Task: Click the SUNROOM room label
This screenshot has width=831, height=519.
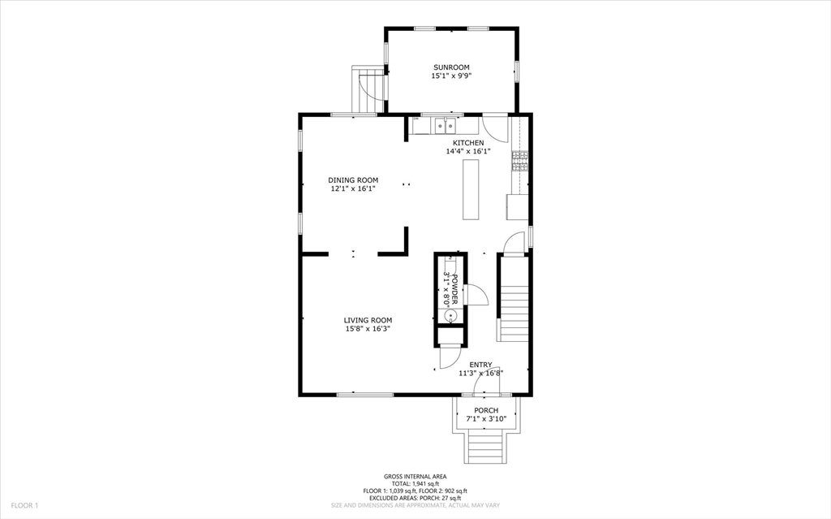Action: coord(451,67)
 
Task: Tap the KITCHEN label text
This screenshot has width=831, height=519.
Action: coord(468,143)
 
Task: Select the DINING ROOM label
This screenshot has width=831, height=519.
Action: coord(353,179)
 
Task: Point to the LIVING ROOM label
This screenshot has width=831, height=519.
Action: coord(368,320)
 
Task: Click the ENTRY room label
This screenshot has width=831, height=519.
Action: coord(480,365)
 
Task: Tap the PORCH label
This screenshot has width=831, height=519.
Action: coord(486,410)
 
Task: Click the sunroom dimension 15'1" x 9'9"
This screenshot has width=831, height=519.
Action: coord(451,76)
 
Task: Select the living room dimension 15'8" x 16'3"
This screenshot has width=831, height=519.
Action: coord(368,329)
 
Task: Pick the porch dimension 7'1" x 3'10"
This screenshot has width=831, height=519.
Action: coord(486,419)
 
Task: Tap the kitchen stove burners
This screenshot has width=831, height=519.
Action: coord(519,161)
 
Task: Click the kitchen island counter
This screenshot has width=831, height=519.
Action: coord(471,189)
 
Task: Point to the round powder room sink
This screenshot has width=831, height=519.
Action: coord(450,316)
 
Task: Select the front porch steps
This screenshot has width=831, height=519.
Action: coord(485,446)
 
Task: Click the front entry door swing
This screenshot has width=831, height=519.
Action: coord(486,383)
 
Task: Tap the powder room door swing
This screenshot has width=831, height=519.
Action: coord(476,295)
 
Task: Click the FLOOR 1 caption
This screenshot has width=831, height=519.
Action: coord(25,505)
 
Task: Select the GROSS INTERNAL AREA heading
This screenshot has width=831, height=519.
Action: coord(415,477)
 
